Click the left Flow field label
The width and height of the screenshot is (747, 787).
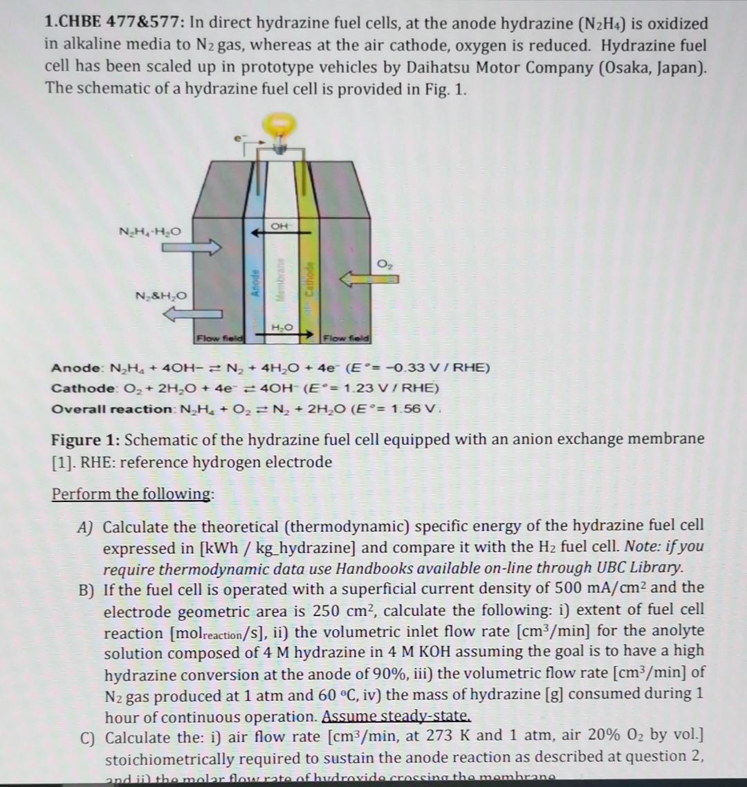point(216,338)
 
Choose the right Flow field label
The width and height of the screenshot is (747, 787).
point(347,338)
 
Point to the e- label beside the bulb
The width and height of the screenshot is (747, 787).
point(239,139)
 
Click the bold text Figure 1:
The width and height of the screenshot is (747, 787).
point(86,439)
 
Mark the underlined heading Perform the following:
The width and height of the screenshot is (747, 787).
point(133,494)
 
